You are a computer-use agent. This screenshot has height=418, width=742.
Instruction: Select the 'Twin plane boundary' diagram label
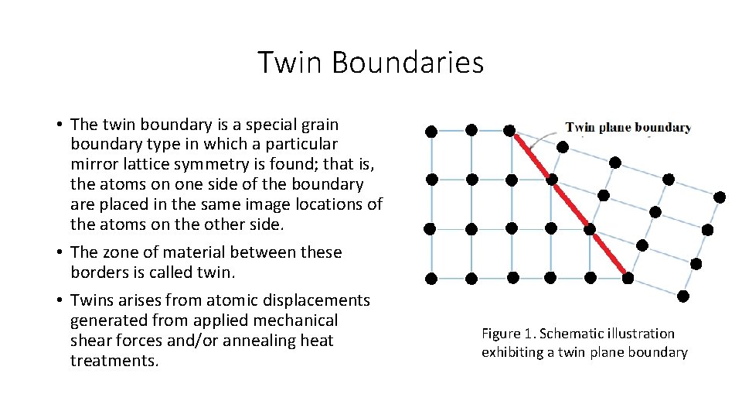point(628,128)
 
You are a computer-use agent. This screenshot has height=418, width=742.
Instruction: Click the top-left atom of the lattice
point(431,132)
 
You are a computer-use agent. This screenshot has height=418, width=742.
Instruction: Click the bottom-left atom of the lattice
point(431,278)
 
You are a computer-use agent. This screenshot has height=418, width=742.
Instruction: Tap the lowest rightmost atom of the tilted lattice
point(682,296)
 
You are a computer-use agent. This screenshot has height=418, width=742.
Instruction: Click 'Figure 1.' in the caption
point(508,334)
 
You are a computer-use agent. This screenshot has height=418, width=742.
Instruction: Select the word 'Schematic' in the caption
point(570,334)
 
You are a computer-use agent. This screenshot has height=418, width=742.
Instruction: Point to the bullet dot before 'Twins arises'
point(59,300)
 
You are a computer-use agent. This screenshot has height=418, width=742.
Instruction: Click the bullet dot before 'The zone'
point(59,252)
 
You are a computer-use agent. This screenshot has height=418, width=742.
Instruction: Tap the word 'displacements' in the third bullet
point(322,300)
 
